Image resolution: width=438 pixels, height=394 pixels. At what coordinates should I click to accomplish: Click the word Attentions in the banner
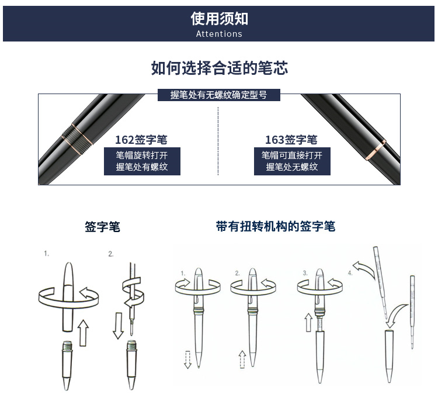pyautogui.click(x=219, y=34)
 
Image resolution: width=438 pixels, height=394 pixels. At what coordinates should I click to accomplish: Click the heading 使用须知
pyautogui.click(x=219, y=19)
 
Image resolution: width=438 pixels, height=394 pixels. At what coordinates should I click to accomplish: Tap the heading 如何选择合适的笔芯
pyautogui.click(x=219, y=68)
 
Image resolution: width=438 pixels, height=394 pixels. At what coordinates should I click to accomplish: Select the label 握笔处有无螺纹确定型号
pyautogui.click(x=219, y=95)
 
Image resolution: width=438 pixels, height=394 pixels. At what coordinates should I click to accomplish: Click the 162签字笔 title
pyautogui.click(x=141, y=140)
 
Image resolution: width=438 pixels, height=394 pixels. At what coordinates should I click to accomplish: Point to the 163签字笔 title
pyautogui.click(x=291, y=140)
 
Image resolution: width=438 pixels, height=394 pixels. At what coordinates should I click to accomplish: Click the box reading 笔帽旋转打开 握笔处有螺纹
pyautogui.click(x=142, y=161)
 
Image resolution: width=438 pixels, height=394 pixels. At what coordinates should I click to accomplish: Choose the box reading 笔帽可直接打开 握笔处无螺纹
pyautogui.click(x=292, y=161)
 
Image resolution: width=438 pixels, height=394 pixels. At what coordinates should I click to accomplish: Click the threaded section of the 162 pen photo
pyautogui.click(x=77, y=139)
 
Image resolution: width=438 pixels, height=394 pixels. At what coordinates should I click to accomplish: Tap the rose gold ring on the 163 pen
pyautogui.click(x=375, y=150)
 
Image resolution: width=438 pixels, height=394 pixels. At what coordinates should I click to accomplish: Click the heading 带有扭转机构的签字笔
pyautogui.click(x=276, y=226)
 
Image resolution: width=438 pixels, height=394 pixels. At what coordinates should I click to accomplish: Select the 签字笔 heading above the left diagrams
pyautogui.click(x=103, y=227)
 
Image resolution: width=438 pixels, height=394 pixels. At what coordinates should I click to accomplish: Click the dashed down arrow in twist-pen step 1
pyautogui.click(x=187, y=360)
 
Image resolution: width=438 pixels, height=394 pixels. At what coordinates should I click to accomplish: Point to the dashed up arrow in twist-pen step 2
pyautogui.click(x=242, y=360)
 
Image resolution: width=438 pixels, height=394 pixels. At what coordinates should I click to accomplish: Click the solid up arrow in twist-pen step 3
pyautogui.click(x=308, y=323)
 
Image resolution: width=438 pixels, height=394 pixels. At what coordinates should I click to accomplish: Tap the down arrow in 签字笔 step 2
pyautogui.click(x=119, y=326)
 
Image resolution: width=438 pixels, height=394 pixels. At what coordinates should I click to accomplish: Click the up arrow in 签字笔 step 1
pyautogui.click(x=83, y=333)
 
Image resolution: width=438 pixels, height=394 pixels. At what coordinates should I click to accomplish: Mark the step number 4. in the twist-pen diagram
pyautogui.click(x=350, y=273)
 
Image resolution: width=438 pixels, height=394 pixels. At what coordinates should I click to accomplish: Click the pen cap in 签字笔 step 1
pyautogui.click(x=68, y=297)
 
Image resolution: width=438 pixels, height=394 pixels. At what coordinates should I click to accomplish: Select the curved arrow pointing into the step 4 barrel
pyautogui.click(x=396, y=314)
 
